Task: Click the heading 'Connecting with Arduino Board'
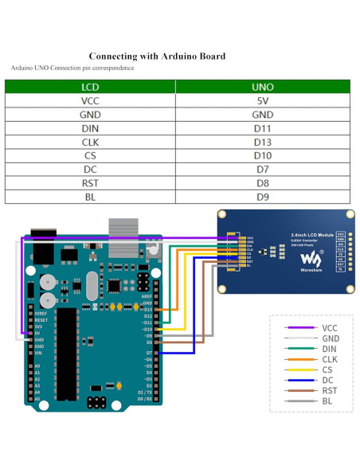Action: [x=157, y=57]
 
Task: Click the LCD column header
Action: [x=90, y=87]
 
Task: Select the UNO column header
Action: [x=262, y=87]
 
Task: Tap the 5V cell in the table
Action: [x=262, y=101]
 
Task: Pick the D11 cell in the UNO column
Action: [x=262, y=128]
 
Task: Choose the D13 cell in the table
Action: [x=262, y=142]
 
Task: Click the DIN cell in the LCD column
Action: [x=90, y=128]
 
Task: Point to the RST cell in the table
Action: [x=90, y=182]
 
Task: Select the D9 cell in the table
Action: [x=262, y=196]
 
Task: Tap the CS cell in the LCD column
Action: [x=90, y=155]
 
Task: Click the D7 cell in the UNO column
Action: [x=262, y=169]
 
